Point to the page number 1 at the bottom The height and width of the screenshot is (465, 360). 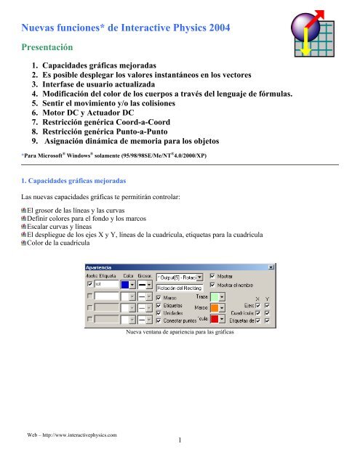[179, 440]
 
